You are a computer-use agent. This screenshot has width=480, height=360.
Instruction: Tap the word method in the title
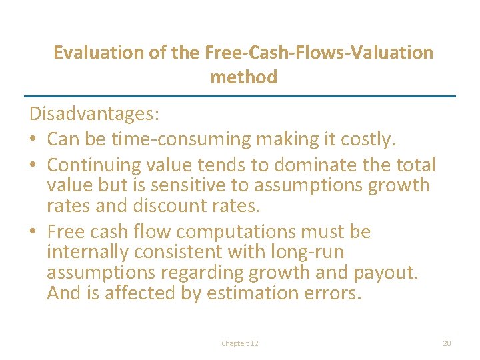click(243, 77)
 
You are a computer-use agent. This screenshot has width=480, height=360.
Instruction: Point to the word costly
click(369, 139)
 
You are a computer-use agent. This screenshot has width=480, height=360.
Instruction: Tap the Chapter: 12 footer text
click(240, 343)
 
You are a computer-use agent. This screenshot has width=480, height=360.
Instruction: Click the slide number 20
click(447, 343)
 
